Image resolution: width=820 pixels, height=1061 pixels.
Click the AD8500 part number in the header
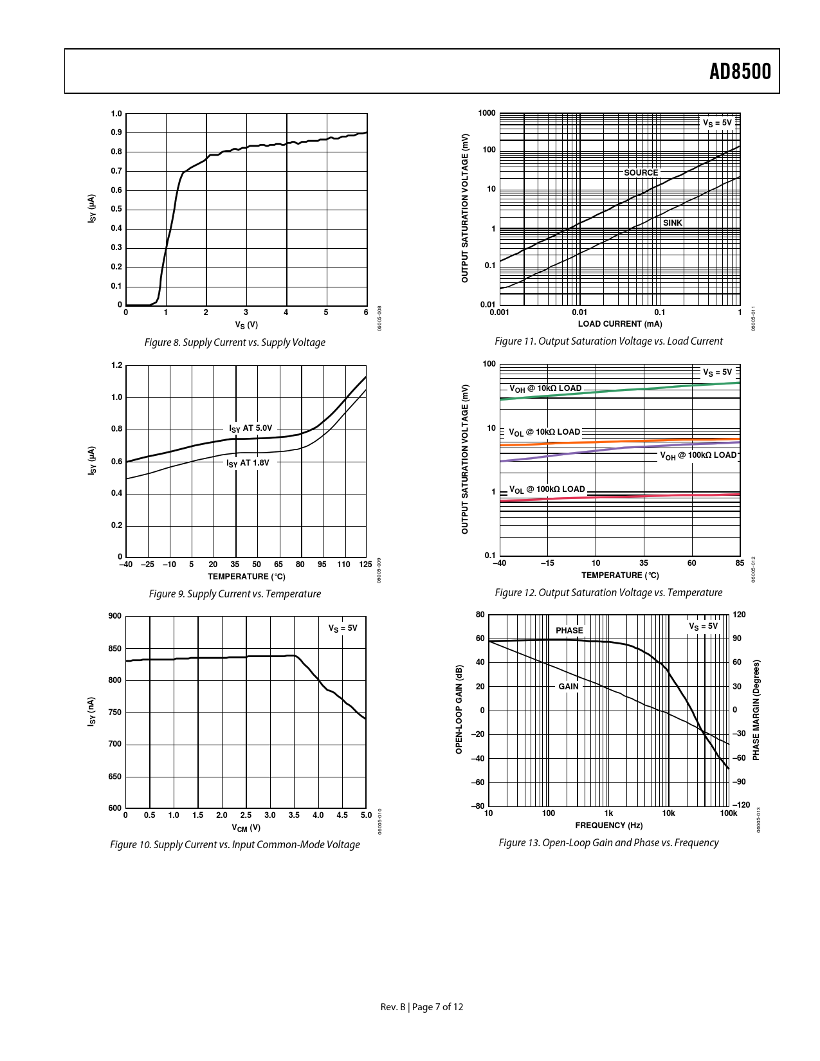[x=740, y=71]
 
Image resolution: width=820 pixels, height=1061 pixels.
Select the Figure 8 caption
[x=235, y=342]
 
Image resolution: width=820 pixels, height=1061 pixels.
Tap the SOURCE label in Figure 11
[x=641, y=172]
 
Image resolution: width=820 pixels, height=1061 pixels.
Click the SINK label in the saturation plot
[x=672, y=223]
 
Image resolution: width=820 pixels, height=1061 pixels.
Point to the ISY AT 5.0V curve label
[x=251, y=428]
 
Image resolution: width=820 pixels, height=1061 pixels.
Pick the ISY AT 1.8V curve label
[x=248, y=462]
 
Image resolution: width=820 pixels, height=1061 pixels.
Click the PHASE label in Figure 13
[x=569, y=630]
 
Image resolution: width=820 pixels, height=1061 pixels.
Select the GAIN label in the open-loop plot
[x=568, y=686]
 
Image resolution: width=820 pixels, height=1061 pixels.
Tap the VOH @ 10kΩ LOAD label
[x=545, y=388]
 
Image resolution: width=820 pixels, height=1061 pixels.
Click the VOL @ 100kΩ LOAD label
[x=547, y=489]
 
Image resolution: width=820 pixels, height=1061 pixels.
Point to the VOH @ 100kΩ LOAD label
[x=698, y=455]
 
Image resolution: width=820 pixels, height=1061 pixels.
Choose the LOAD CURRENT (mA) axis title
[x=619, y=323]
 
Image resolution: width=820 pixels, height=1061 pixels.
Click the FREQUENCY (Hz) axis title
[x=608, y=825]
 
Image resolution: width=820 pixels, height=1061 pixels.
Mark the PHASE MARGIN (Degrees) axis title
[x=756, y=710]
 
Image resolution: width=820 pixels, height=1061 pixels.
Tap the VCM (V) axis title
[x=246, y=828]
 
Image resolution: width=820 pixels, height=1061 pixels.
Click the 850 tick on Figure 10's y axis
[x=114, y=648]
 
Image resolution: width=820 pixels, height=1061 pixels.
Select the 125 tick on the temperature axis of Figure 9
[x=365, y=564]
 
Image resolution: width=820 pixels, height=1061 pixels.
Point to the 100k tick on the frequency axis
[x=728, y=813]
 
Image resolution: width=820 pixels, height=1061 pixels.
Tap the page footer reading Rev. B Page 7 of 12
[x=421, y=1006]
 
